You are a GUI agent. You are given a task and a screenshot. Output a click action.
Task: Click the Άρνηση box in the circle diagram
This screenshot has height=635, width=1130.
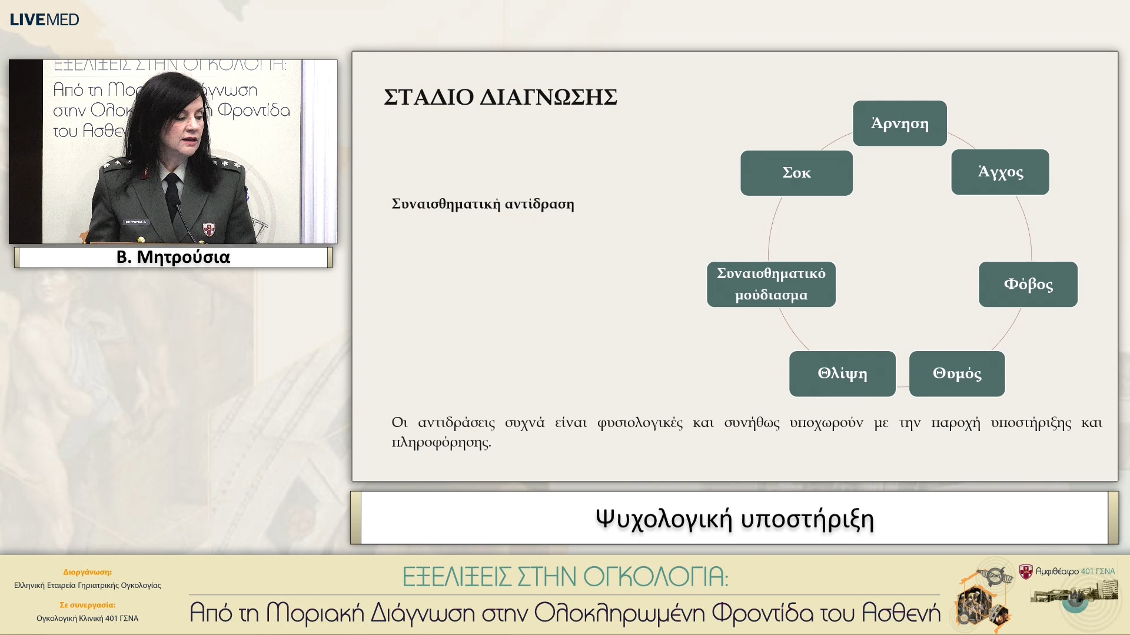point(899,123)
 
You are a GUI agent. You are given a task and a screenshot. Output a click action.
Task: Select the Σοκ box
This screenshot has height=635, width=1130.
point(796,173)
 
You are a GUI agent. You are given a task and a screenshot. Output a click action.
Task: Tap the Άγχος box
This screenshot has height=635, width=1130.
point(1000,172)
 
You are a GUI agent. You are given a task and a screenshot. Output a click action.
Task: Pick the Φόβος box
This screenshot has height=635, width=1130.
point(1028,285)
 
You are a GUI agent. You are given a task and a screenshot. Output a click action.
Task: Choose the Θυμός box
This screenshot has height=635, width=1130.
point(956,374)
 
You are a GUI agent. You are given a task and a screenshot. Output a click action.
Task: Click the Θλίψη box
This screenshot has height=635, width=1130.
point(842,374)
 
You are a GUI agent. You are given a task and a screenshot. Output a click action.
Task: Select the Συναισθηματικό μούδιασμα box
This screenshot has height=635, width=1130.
point(771,285)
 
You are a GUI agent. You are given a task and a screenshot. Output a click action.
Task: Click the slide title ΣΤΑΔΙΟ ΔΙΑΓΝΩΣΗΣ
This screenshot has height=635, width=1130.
point(500,98)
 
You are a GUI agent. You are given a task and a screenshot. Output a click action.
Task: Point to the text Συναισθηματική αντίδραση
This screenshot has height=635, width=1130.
point(483,204)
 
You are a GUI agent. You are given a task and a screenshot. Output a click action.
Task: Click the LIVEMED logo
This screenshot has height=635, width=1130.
point(44,19)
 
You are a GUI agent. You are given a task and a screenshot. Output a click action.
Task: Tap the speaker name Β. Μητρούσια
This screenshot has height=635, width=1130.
point(173,258)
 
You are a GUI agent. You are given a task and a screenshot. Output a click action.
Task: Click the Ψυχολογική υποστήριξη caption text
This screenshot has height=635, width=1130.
point(734,519)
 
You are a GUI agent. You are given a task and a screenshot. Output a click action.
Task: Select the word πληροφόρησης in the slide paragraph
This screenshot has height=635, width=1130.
point(441,442)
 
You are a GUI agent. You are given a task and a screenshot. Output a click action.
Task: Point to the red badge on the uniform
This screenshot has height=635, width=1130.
point(208,229)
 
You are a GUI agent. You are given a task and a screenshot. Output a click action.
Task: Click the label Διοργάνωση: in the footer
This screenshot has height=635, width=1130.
point(87,571)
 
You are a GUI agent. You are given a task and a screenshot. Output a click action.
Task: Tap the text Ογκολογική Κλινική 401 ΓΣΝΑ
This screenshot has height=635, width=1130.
point(87,618)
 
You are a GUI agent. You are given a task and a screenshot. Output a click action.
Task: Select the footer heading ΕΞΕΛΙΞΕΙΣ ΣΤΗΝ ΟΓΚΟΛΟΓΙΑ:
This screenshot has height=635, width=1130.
point(565,577)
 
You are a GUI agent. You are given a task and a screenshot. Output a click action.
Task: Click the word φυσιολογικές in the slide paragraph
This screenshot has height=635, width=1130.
point(640,423)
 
